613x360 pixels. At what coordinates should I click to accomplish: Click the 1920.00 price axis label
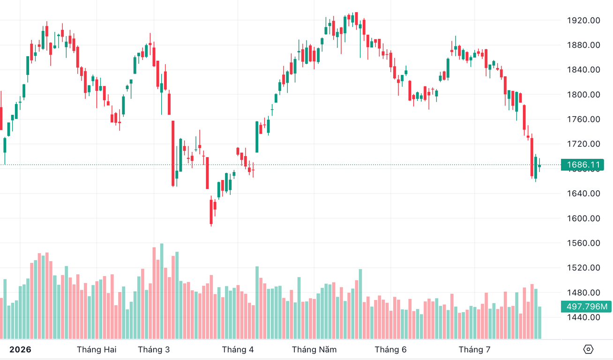[x=583, y=21]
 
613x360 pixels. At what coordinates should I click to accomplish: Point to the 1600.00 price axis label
[x=583, y=218]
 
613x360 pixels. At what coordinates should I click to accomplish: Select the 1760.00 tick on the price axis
[x=583, y=120]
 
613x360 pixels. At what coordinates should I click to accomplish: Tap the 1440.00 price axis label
[x=583, y=317]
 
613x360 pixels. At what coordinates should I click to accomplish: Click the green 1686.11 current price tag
[x=583, y=165]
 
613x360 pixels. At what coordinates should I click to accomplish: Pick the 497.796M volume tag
[x=586, y=307]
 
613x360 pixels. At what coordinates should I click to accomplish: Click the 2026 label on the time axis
[x=20, y=350]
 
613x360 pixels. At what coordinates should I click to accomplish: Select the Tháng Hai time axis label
[x=97, y=350]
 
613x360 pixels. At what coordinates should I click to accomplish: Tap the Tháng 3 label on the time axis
[x=154, y=350]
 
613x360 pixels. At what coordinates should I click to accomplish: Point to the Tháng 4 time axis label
[x=238, y=350]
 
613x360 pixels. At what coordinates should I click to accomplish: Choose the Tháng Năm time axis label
[x=314, y=350]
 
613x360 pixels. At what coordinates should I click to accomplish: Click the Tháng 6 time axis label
[x=390, y=350]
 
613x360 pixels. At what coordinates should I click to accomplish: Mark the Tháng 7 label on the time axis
[x=475, y=350]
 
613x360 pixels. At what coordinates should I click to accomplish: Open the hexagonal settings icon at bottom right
[x=588, y=349]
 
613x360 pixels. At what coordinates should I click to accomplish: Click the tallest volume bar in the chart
[x=162, y=291]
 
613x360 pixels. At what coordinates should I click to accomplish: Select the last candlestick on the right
[x=539, y=165]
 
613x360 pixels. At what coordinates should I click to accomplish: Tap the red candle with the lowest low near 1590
[x=211, y=211]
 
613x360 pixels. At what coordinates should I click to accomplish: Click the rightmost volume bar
[x=540, y=323]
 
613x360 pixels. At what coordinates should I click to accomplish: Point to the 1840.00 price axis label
[x=583, y=70]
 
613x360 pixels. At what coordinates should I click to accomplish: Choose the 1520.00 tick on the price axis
[x=583, y=268]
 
